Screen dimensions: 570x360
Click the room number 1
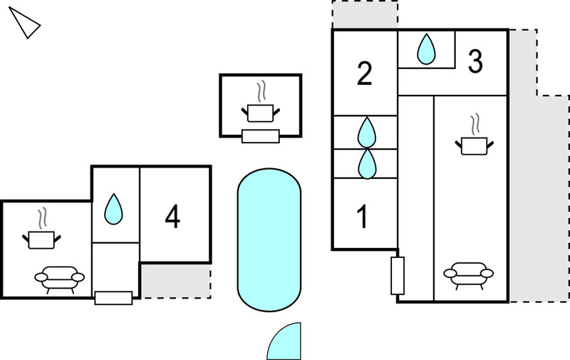coord(363,217)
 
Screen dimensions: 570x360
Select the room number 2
coord(365,74)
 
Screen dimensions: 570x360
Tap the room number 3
coord(475,61)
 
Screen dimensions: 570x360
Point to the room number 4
coord(172,217)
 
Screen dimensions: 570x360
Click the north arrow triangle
coord(26,24)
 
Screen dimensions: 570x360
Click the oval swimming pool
coord(269,240)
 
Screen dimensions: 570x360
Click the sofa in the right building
coord(469,275)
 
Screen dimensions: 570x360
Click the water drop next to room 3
coord(426,49)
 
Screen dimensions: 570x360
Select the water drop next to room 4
coord(114,209)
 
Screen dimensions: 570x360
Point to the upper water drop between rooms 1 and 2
coord(367,132)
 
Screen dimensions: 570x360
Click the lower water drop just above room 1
coord(367,164)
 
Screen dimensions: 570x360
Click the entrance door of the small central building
coord(261,136)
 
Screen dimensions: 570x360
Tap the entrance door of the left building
coord(113,298)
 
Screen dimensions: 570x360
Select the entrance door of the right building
coord(398,275)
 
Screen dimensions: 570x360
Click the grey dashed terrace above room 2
coord(365,14)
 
